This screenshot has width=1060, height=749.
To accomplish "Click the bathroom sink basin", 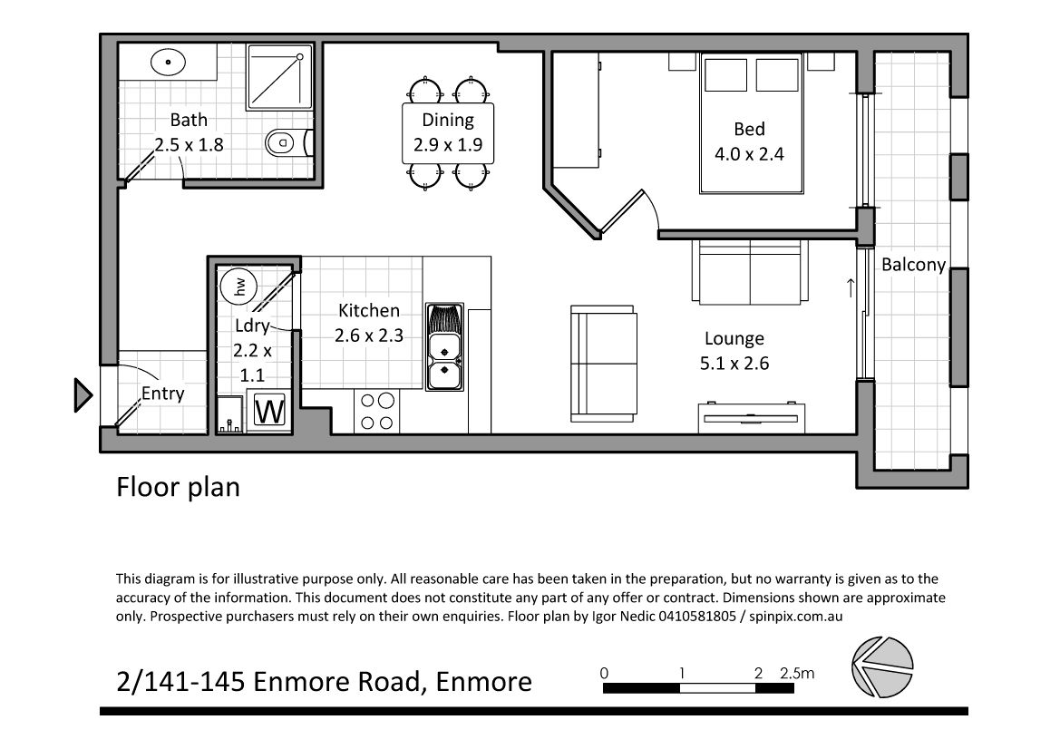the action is (x=168, y=63).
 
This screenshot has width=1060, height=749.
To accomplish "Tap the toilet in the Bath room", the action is (x=288, y=142).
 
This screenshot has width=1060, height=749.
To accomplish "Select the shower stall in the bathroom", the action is (x=280, y=76).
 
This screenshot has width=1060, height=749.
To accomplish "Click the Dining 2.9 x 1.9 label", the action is (x=448, y=132).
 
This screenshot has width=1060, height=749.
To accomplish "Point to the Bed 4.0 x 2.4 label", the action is (x=749, y=142).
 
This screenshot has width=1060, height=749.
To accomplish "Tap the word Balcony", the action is (x=913, y=264).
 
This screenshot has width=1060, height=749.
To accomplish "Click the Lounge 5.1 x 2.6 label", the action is (x=734, y=351).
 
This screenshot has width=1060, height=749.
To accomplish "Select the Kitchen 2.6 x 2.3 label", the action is (x=369, y=323).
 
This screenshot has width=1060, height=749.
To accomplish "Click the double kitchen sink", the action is (x=444, y=346).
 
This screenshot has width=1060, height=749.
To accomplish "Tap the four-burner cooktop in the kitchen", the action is (x=377, y=412).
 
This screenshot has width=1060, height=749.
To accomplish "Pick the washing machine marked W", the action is (x=269, y=411).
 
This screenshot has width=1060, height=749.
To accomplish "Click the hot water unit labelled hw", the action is (x=238, y=286).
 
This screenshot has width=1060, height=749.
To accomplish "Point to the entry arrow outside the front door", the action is (x=83, y=395).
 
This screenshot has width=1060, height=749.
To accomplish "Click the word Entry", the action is (x=163, y=394).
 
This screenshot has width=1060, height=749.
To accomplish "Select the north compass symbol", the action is (x=882, y=667).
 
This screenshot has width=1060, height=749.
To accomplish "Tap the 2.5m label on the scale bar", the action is (x=797, y=674).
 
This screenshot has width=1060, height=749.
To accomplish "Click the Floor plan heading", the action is (x=178, y=487).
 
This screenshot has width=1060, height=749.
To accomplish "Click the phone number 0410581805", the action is (x=696, y=617).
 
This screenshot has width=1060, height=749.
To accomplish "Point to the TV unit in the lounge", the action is (x=752, y=417).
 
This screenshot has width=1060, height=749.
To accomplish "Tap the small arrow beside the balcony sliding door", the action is (x=851, y=288).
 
